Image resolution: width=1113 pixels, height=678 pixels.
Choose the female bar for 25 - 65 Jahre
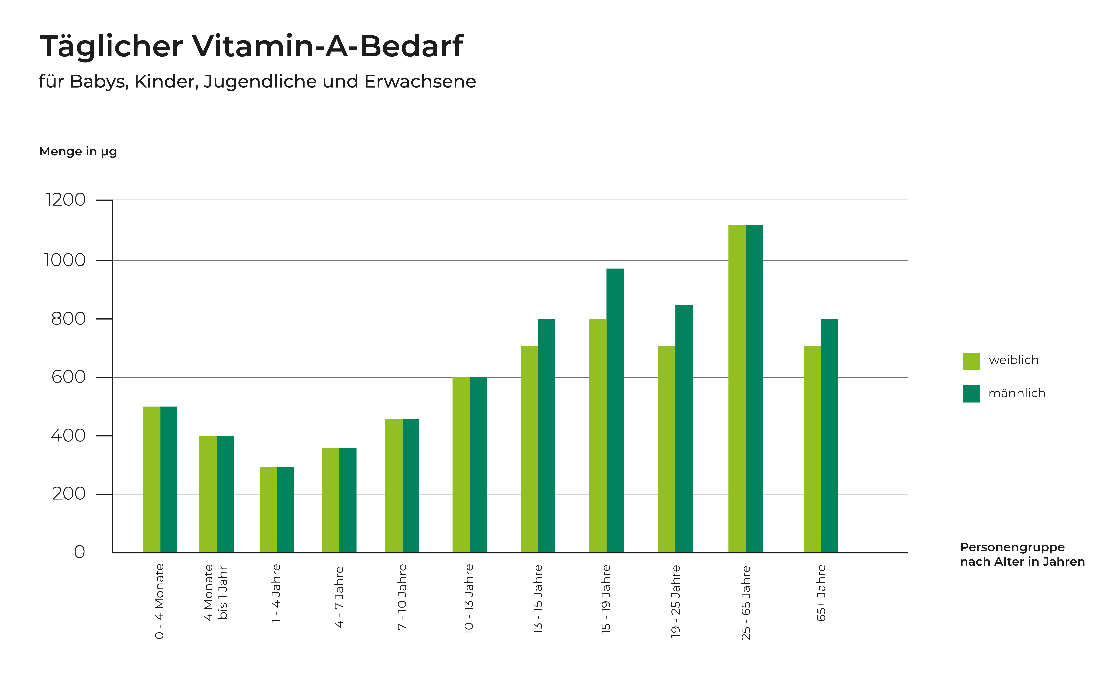737,389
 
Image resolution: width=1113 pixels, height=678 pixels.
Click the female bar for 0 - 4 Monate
152,479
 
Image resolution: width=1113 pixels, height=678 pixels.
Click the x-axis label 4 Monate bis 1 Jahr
215,592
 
